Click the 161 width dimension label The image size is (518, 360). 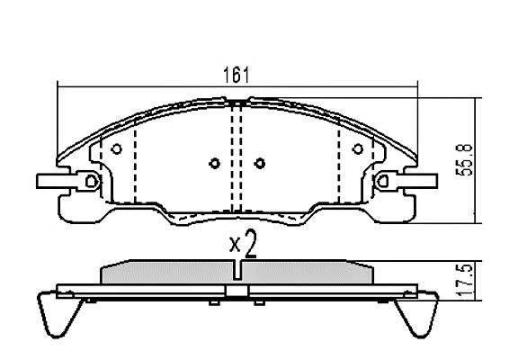(236, 75)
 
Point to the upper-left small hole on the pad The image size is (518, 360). (116, 149)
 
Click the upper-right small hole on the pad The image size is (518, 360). (358, 149)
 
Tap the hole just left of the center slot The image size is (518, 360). (215, 163)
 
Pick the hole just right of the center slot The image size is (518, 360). (260, 163)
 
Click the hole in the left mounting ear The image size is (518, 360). (91, 181)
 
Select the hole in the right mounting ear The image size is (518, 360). (383, 181)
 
